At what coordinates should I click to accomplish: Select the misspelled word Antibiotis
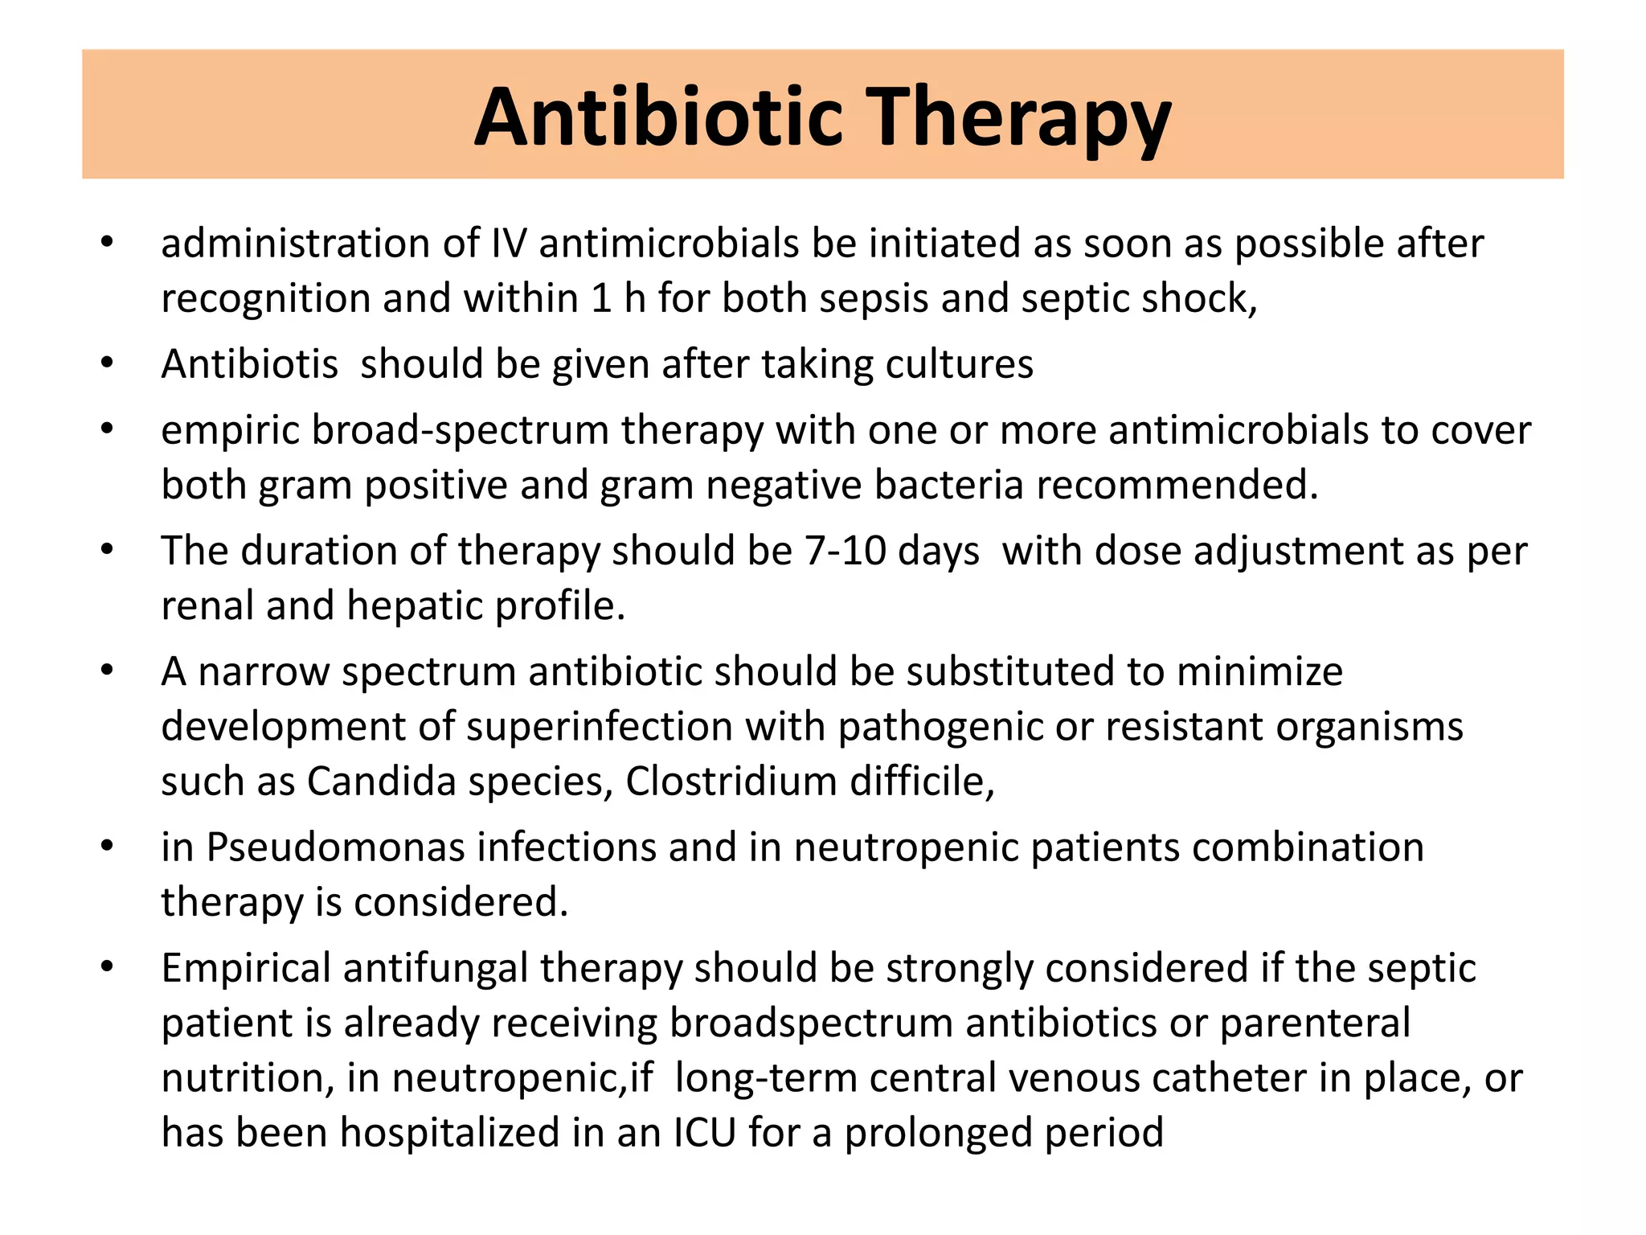(x=249, y=364)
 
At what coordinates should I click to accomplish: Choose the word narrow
(x=264, y=672)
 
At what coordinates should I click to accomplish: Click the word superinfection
(x=599, y=727)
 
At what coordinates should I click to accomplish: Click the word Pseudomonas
(x=335, y=847)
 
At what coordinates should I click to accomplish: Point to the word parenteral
(x=1315, y=1024)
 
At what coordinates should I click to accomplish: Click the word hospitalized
(x=449, y=1133)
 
